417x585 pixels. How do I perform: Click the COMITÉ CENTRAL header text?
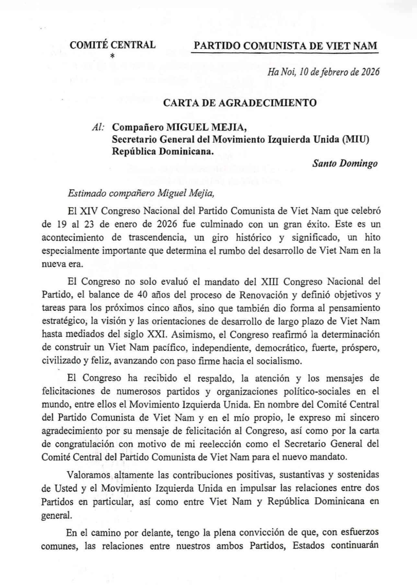pyautogui.click(x=112, y=45)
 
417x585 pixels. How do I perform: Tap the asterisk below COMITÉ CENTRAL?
pyautogui.click(x=112, y=56)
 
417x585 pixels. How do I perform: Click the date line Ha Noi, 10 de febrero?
pyautogui.click(x=323, y=72)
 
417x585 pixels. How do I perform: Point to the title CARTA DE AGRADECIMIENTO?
pyautogui.click(x=240, y=103)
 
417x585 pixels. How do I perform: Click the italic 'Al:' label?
pyautogui.click(x=98, y=127)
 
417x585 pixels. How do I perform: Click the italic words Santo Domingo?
pyautogui.click(x=345, y=163)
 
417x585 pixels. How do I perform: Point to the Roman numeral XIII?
pyautogui.click(x=270, y=281)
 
